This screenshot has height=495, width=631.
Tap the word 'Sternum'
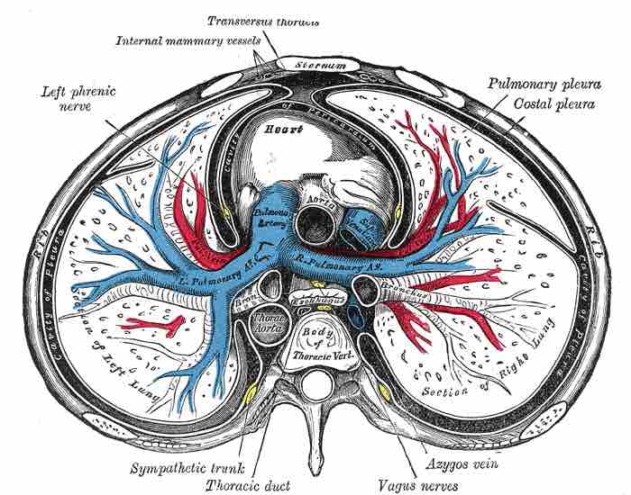coord(305,65)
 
